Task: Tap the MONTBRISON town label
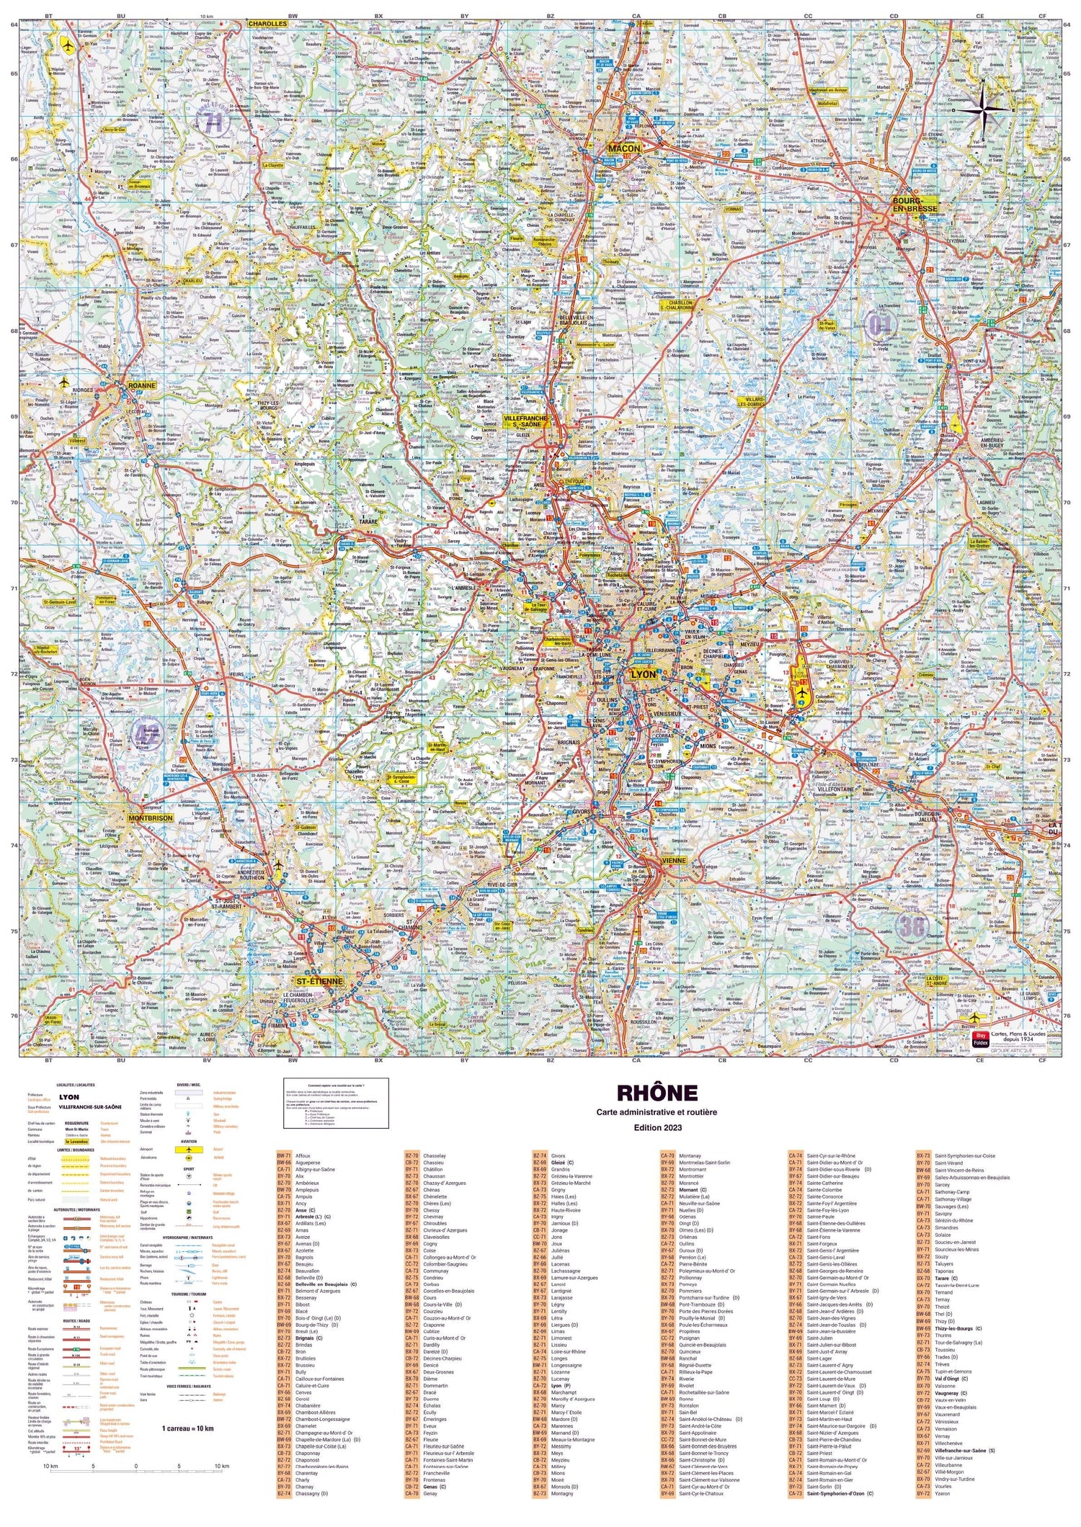[x=150, y=818]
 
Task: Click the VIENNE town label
[x=673, y=860]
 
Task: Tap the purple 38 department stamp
[x=912, y=926]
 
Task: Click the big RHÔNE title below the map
[x=657, y=1093]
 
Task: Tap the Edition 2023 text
[x=657, y=1127]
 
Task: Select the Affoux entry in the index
[x=303, y=1156]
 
